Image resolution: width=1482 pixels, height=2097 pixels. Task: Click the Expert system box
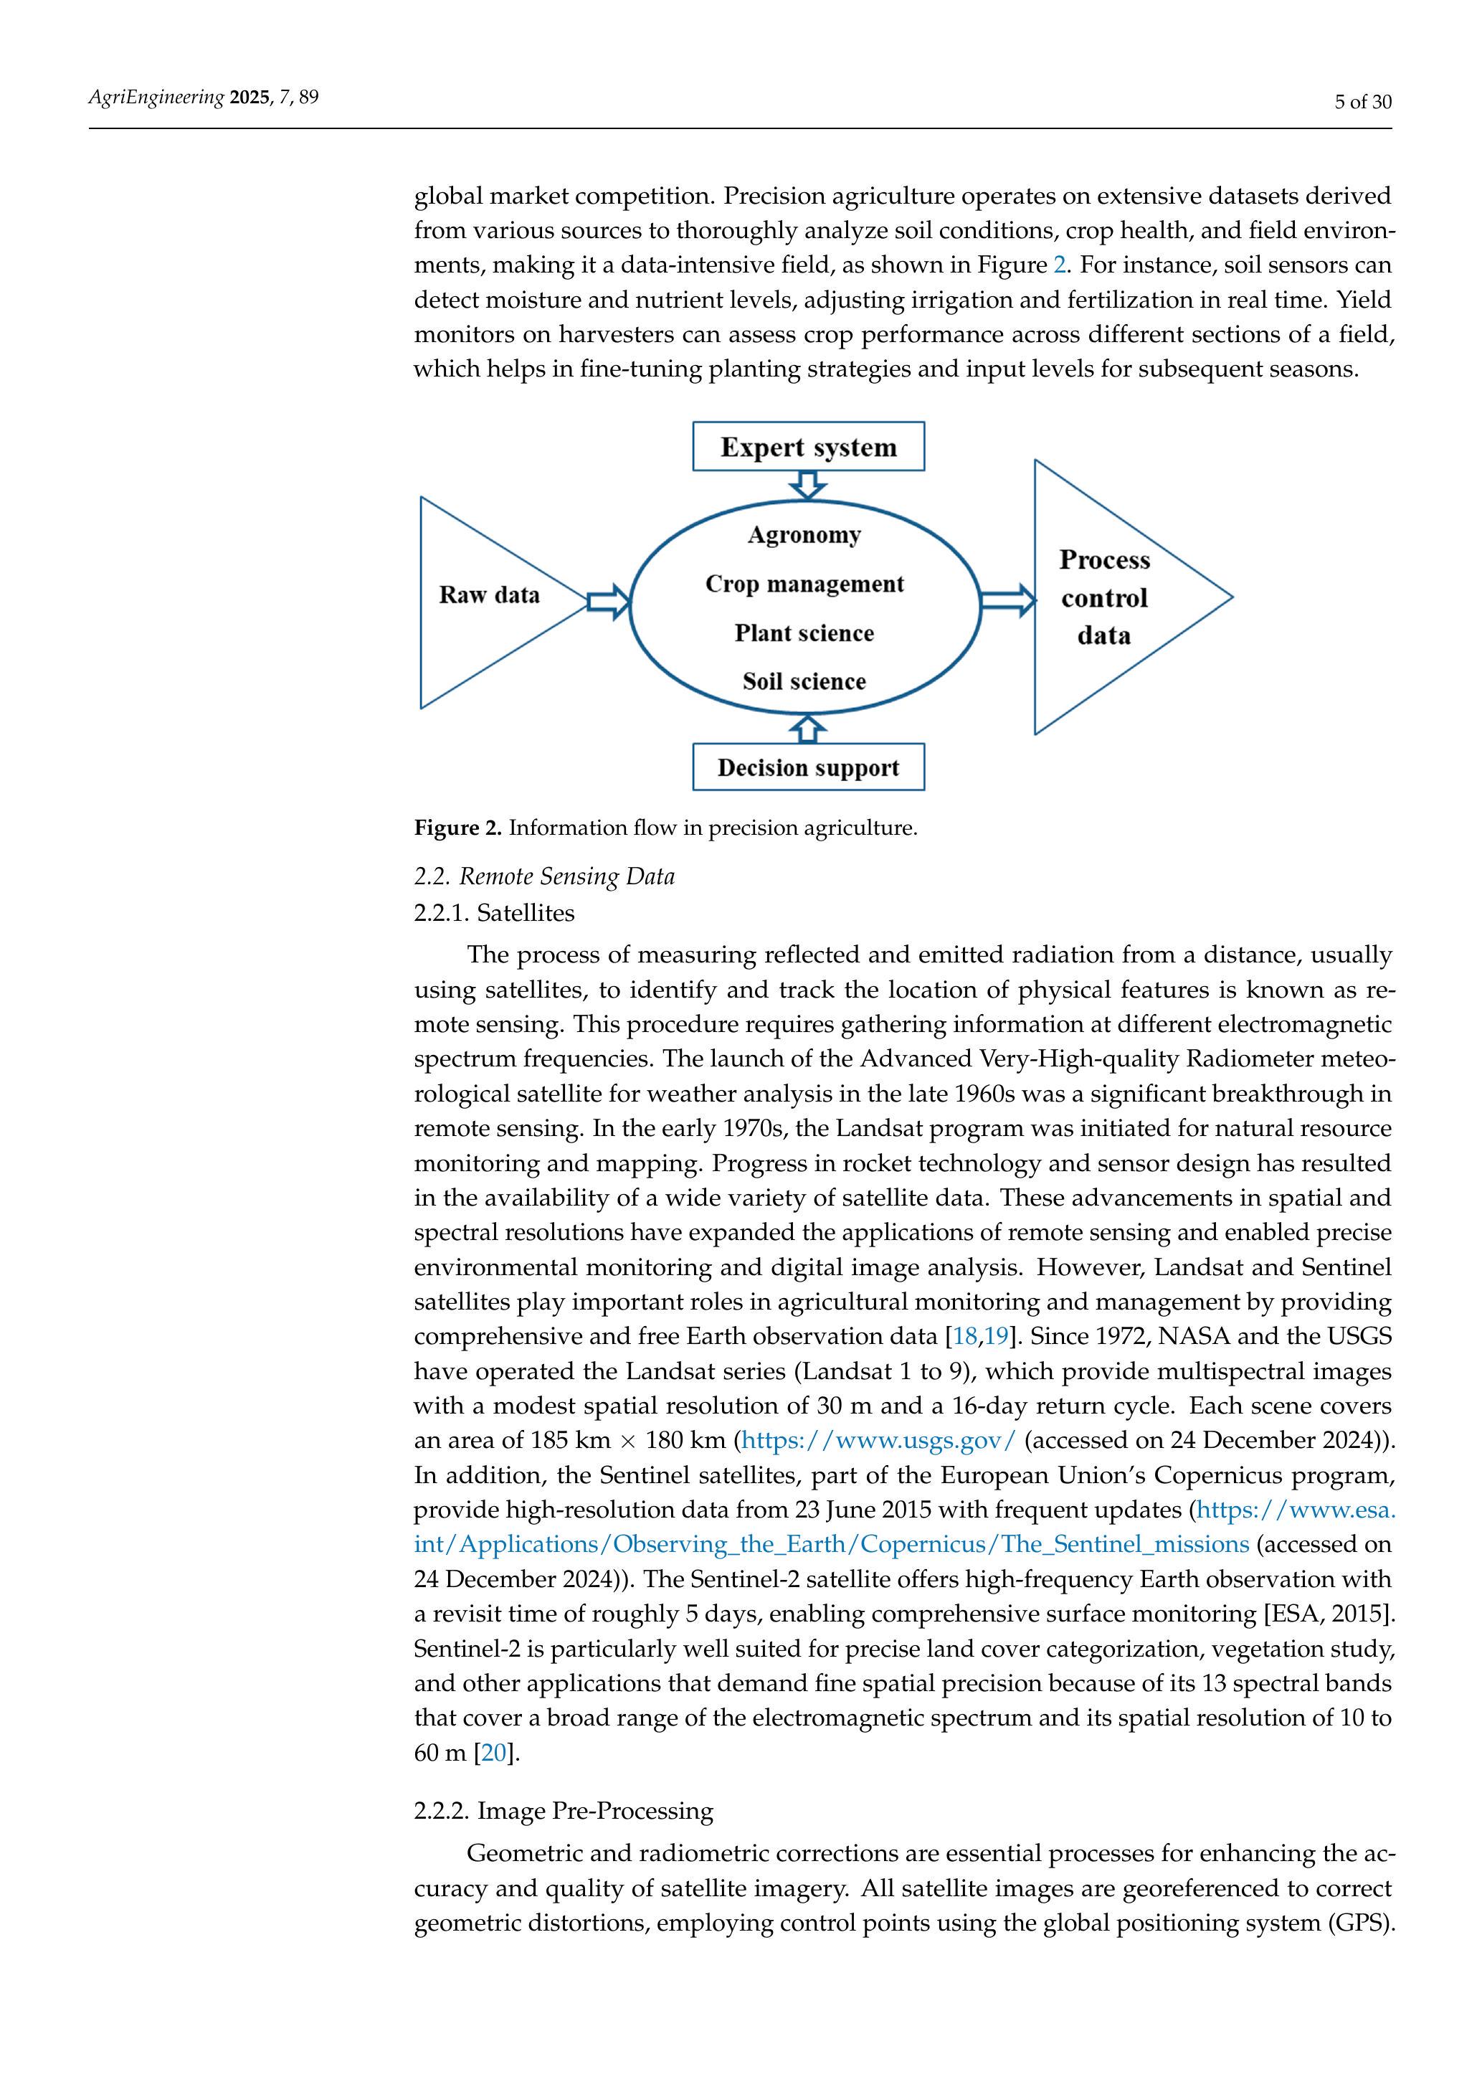coord(808,447)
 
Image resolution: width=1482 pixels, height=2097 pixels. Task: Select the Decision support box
coord(808,767)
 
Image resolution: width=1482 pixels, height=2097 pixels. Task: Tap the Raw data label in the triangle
coord(490,595)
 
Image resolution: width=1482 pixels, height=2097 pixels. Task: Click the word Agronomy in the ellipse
coord(804,534)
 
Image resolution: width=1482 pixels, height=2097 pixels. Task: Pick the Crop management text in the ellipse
coord(804,584)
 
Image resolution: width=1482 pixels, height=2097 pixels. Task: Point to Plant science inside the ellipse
coord(804,633)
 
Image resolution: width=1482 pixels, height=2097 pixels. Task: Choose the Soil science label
coord(804,681)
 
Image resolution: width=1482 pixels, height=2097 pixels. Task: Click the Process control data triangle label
coord(1104,597)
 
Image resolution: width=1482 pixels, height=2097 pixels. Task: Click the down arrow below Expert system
coord(807,485)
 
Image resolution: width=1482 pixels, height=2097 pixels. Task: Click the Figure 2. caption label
coord(457,828)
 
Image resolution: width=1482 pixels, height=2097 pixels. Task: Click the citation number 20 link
coord(493,1753)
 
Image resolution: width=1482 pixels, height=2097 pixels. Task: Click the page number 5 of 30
coord(1362,101)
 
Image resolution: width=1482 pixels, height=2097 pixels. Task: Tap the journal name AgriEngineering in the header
coord(156,97)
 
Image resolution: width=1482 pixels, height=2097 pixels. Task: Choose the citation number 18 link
coord(964,1336)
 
